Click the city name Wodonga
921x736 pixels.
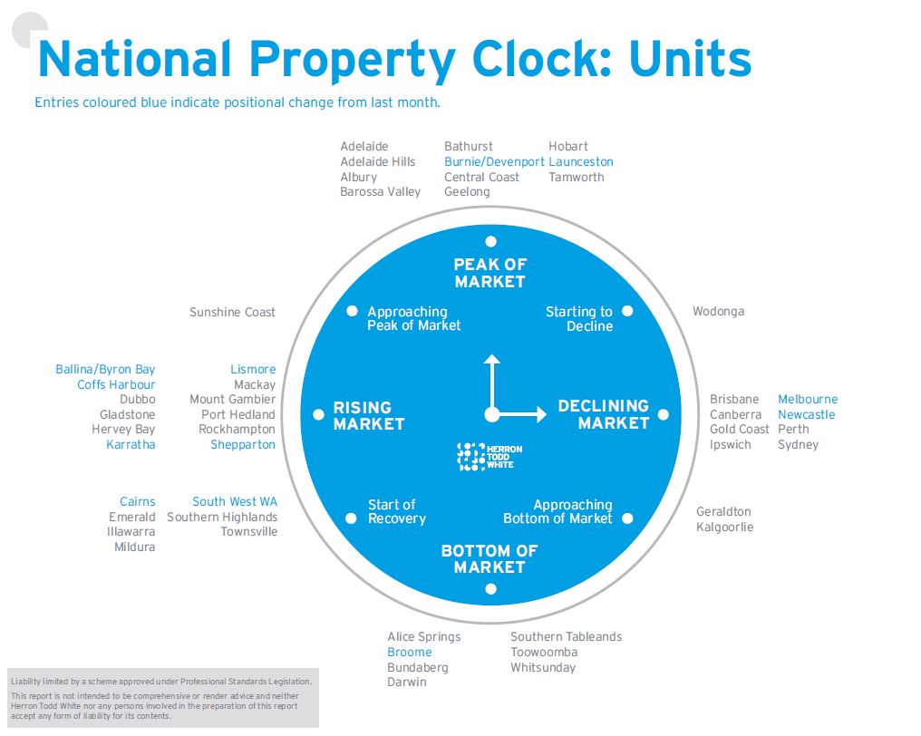718,311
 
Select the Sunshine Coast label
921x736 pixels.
232,312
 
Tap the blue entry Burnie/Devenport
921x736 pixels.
494,161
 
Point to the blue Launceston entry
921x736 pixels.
580,161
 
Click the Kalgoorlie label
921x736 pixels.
724,527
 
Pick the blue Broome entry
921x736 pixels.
409,652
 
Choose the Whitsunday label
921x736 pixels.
543,667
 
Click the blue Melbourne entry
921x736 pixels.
808,399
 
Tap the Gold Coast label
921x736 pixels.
739,429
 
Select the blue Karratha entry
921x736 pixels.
131,444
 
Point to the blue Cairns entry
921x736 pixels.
137,501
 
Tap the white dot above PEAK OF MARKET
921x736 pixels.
490,241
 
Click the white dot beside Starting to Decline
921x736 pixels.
627,311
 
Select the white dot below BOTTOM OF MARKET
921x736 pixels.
490,589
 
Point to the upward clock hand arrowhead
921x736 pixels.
491,360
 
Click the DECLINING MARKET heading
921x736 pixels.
603,414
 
